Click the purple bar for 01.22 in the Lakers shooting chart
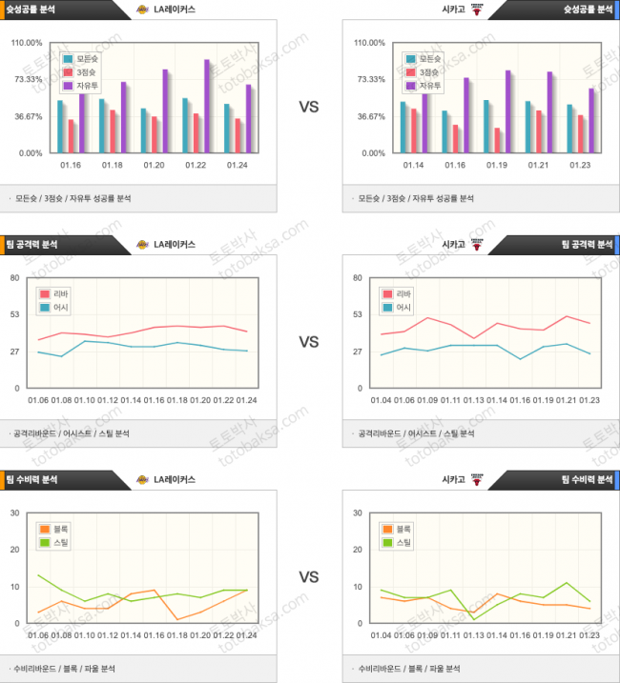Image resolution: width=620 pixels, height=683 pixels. [x=206, y=106]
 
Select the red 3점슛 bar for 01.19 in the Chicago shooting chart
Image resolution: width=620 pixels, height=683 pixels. [x=498, y=140]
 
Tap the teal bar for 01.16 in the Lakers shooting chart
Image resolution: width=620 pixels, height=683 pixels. [x=60, y=126]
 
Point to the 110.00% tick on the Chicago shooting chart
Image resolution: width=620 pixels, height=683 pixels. [x=368, y=43]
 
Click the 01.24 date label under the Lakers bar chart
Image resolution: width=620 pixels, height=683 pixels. [x=238, y=165]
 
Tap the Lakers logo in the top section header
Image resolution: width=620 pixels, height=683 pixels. [x=143, y=10]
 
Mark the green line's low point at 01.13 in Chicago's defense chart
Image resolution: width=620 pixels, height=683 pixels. [x=473, y=619]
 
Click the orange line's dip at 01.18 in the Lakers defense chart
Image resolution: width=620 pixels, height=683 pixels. [x=177, y=619]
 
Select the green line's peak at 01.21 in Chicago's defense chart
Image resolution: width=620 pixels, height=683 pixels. [x=567, y=583]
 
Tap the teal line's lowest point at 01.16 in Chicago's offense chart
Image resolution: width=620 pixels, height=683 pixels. [x=520, y=358]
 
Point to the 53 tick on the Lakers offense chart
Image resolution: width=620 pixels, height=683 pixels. [x=15, y=314]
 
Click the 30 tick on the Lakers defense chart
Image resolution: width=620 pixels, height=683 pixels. [x=15, y=512]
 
